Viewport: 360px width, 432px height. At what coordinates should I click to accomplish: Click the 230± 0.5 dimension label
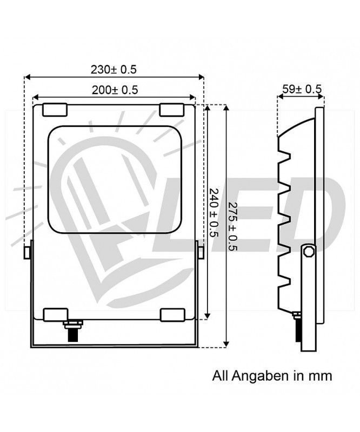114,70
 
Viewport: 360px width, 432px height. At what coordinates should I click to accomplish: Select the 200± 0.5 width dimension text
115,90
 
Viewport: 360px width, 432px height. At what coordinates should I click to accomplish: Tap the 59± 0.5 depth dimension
302,89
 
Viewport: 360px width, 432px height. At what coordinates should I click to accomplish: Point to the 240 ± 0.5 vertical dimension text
214,212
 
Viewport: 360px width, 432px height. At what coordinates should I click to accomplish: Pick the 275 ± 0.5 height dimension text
234,226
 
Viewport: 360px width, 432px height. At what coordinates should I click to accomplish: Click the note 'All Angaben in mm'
272,376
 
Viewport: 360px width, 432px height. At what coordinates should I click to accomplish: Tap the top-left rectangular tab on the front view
55,110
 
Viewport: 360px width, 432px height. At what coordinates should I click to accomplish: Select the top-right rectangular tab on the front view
172,110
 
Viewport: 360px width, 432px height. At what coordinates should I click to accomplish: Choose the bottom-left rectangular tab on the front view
56,315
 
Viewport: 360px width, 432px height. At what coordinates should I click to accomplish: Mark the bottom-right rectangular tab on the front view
172,315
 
